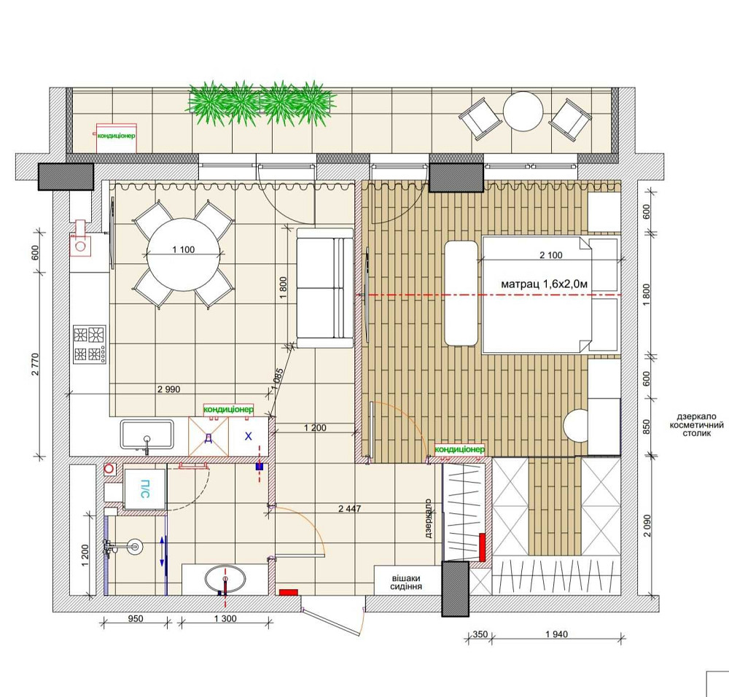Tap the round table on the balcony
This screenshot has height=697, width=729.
[x=523, y=112]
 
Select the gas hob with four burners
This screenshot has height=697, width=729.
[x=90, y=345]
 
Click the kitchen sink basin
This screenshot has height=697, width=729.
[x=147, y=435]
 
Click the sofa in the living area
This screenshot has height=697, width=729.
[x=325, y=288]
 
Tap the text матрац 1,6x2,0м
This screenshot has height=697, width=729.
[x=544, y=284]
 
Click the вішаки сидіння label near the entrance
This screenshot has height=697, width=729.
[x=406, y=583]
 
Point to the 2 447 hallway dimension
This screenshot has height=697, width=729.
[x=350, y=509]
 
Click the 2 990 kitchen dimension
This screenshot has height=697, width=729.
[x=169, y=389]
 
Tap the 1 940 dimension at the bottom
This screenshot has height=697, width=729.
[x=556, y=634]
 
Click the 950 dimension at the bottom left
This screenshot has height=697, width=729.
[x=136, y=619]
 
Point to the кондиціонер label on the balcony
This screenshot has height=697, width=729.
[x=116, y=136]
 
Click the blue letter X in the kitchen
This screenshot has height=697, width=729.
[x=249, y=436]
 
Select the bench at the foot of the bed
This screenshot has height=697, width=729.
[x=461, y=293]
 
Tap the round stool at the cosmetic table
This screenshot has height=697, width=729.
[x=577, y=425]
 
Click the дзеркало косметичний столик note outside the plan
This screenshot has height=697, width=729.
[x=696, y=425]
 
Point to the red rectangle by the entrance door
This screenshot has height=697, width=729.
[x=288, y=592]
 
